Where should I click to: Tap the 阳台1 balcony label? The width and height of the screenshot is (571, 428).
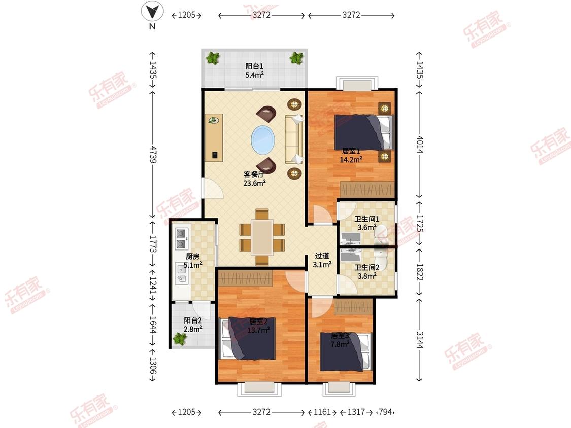pyautogui.click(x=254, y=66)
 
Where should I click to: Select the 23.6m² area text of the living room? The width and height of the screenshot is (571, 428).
pyautogui.click(x=254, y=183)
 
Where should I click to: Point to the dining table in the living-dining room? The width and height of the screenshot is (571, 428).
pyautogui.click(x=262, y=237)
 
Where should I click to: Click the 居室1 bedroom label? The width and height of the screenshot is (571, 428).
pyautogui.click(x=351, y=151)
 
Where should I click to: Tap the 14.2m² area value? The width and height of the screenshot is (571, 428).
pyautogui.click(x=351, y=159)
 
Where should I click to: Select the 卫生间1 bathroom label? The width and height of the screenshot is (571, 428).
pyautogui.click(x=367, y=219)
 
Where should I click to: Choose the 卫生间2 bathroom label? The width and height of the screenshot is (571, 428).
pyautogui.click(x=367, y=268)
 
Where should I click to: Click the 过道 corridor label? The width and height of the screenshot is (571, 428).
pyautogui.click(x=322, y=256)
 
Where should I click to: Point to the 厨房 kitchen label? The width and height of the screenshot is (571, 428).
pyautogui.click(x=193, y=257)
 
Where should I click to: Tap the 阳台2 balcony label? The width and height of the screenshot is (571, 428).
pyautogui.click(x=193, y=320)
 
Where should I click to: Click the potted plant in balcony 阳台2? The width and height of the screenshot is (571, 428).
pyautogui.click(x=180, y=338)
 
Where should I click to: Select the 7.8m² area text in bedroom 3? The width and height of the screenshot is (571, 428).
pyautogui.click(x=340, y=344)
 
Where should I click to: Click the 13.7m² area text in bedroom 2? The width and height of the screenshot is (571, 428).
pyautogui.click(x=258, y=330)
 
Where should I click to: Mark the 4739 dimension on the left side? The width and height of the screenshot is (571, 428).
pyautogui.click(x=153, y=154)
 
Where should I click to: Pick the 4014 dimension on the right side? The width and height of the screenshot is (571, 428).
pyautogui.click(x=420, y=145)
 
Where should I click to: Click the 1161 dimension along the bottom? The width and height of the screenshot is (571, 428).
pyautogui.click(x=322, y=412)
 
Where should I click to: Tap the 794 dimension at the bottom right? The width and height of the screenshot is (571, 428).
pyautogui.click(x=385, y=412)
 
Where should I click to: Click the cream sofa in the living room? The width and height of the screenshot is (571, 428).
pyautogui.click(x=294, y=139)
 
